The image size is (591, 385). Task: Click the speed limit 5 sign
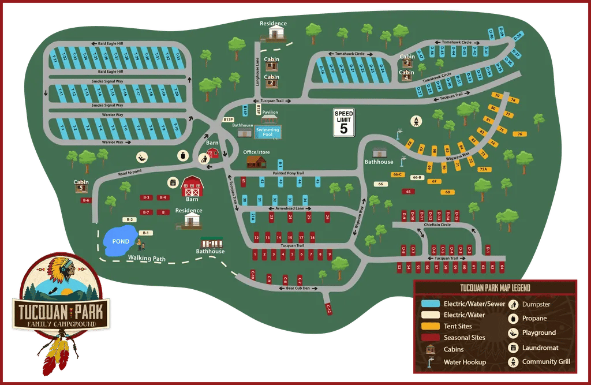[x=344, y=123]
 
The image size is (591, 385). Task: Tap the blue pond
[x=119, y=242]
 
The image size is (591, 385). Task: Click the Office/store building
[x=256, y=162]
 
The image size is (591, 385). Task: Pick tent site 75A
[x=484, y=169]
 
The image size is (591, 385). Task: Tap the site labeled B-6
[x=86, y=200]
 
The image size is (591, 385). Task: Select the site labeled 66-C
[x=397, y=174]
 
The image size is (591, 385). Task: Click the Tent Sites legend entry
[x=458, y=326]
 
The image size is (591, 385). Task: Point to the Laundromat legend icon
[x=512, y=347]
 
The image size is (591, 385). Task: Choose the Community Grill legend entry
[x=546, y=362]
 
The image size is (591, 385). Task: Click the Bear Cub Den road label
[x=298, y=287]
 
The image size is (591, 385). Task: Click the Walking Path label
[x=147, y=259]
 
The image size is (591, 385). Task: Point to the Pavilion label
[x=270, y=113]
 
